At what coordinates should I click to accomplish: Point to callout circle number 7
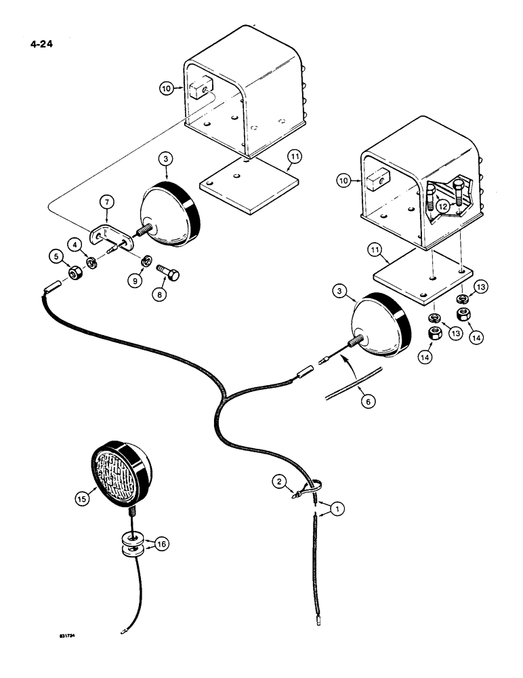(x=105, y=201)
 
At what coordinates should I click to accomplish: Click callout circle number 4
(x=75, y=242)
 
